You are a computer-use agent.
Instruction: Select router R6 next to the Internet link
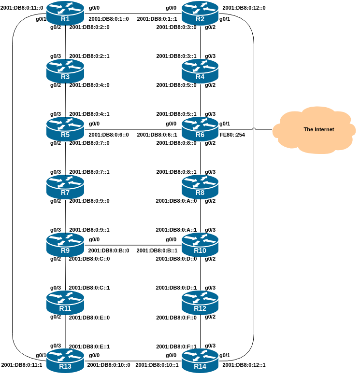[200, 129]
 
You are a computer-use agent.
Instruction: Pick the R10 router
[200, 245]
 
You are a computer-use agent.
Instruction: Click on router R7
[65, 187]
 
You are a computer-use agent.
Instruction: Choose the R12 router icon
[200, 303]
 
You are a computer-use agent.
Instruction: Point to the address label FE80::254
[232, 135]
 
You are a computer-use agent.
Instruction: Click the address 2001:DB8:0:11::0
[22, 8]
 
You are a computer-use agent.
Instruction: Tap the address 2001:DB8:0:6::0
[109, 135]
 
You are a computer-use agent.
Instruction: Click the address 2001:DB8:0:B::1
[157, 250]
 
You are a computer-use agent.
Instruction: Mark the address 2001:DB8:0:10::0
[109, 365]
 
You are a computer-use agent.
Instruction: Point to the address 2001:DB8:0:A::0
[176, 201]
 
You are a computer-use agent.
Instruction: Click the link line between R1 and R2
[133, 14]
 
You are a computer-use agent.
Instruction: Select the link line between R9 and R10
[133, 245]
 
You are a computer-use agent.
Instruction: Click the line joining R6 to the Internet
[246, 129]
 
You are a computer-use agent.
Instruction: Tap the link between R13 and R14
[133, 361]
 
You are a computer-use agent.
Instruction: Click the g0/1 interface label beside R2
[225, 19]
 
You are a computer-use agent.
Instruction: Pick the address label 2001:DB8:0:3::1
[176, 56]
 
